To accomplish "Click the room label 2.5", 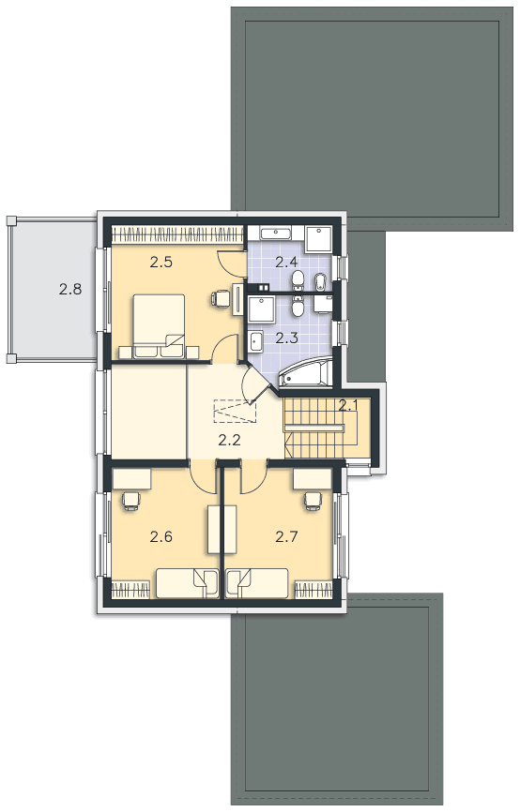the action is pos(161,262).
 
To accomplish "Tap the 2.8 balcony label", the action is pos(70,289).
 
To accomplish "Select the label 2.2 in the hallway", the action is pos(229,441).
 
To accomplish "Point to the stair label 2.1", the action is pos(348,406).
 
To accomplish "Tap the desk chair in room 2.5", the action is pos(220,298).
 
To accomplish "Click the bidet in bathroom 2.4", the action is pos(321,281).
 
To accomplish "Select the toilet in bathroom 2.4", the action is pos(298,280).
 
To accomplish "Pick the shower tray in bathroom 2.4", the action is pos(319,239).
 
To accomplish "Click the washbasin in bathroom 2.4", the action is pos(276,233).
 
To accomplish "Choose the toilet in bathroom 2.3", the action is pos(298,306).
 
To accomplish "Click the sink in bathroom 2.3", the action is pos(255,340).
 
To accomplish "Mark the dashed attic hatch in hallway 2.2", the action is pos(236,411).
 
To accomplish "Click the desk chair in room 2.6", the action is pos(131,501).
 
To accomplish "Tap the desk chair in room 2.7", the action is pos(314,501).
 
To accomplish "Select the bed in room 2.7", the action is pos(257,583).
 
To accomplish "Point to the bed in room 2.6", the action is pos(187,583).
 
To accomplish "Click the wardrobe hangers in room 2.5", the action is pos(177,234).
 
